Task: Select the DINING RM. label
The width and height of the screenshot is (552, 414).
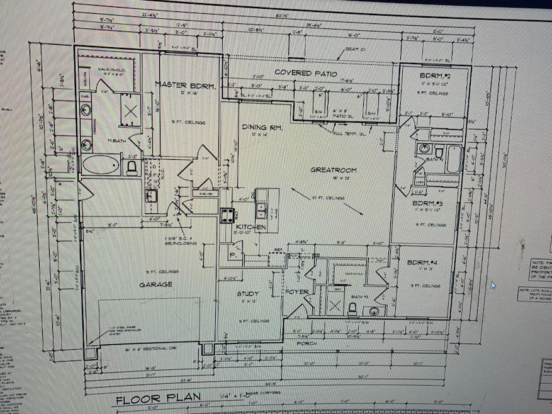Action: click(x=262, y=128)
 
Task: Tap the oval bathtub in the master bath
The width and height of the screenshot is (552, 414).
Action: click(x=100, y=166)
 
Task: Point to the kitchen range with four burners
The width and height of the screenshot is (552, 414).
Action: click(x=227, y=215)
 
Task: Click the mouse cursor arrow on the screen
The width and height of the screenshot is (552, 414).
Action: click(x=493, y=284)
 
